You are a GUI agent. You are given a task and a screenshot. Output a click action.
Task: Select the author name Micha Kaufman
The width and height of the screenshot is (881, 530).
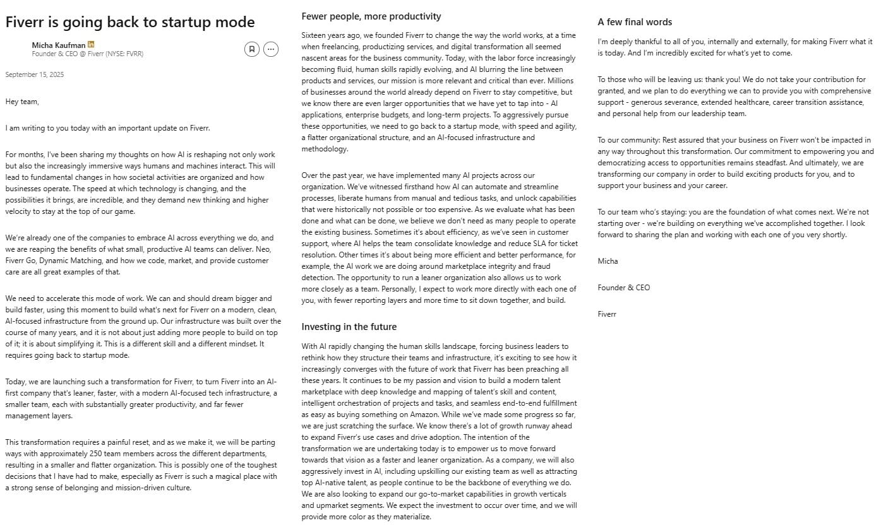pos(59,45)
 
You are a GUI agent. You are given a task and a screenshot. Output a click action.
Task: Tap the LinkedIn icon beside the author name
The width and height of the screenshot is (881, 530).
pos(91,45)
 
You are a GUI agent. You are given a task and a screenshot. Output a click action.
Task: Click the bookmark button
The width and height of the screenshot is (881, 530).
pos(251,49)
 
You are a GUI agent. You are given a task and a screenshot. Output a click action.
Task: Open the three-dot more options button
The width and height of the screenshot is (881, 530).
pos(271,49)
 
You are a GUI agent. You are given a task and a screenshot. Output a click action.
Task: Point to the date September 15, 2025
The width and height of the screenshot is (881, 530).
pos(35,74)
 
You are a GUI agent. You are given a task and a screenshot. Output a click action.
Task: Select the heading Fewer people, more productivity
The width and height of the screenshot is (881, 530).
pos(371,16)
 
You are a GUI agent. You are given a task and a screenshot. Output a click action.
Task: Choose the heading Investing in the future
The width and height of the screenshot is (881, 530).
pos(349,327)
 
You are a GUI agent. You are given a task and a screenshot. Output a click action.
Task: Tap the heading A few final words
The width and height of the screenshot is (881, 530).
pos(635,22)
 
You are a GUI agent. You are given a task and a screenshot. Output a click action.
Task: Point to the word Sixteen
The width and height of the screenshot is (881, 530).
pos(315,35)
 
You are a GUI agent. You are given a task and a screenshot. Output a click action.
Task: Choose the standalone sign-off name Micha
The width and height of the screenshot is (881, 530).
pos(608,261)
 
